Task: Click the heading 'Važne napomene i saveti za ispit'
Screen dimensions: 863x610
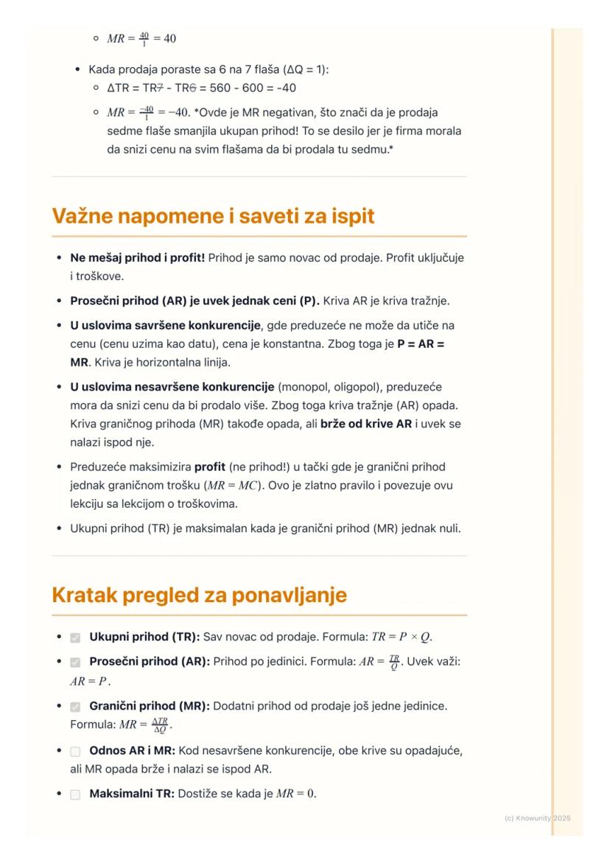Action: pyautogui.click(x=213, y=217)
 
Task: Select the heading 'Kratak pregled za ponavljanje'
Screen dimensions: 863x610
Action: pyautogui.click(x=199, y=595)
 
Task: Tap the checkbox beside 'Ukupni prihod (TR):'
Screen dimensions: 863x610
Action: pyautogui.click(x=75, y=637)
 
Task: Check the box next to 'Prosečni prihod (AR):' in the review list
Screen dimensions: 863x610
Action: pyautogui.click(x=75, y=663)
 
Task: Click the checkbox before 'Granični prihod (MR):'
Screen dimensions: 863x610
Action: pyautogui.click(x=75, y=707)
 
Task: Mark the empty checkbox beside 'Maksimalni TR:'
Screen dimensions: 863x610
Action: pyautogui.click(x=75, y=795)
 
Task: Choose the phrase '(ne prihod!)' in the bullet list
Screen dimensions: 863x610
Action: pyautogui.click(x=257, y=467)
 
